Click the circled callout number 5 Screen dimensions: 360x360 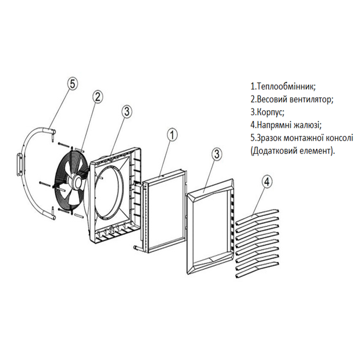pos(73,84)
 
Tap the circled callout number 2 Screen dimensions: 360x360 pos(98,97)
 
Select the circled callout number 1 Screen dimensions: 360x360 pos(172,134)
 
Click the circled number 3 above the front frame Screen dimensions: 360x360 pos(217,154)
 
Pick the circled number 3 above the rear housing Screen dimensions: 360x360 pos(126,111)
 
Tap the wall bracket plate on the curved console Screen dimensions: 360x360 pos(19,165)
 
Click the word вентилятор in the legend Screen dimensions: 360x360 pos(311,99)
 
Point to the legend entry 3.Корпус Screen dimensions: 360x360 pos(267,113)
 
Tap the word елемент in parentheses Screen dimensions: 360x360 pos(317,151)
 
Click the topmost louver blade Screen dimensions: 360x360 pos(257,216)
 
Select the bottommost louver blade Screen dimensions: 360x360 pos(257,270)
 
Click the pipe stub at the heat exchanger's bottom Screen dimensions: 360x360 pos(137,247)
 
